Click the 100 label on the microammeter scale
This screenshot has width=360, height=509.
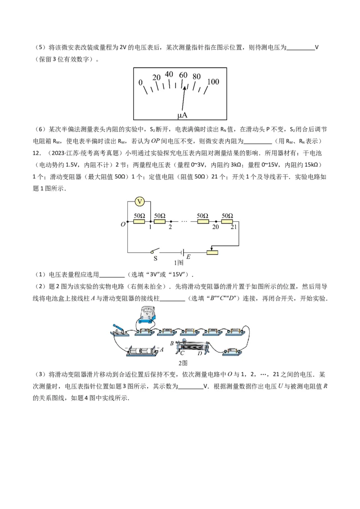213,82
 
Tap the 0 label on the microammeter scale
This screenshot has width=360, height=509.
140,83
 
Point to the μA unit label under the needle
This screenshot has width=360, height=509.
182,116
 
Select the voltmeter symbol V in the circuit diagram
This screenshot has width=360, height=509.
139,201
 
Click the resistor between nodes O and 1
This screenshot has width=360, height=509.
139,221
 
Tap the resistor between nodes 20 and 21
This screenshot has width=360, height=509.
227,221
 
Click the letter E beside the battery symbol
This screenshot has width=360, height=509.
189,257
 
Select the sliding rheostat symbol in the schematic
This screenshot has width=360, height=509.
212,252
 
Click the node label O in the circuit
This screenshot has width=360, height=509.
123,223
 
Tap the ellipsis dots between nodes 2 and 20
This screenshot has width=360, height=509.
184,221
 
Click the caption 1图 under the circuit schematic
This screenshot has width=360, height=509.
179,263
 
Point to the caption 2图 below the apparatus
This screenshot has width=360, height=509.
183,363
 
